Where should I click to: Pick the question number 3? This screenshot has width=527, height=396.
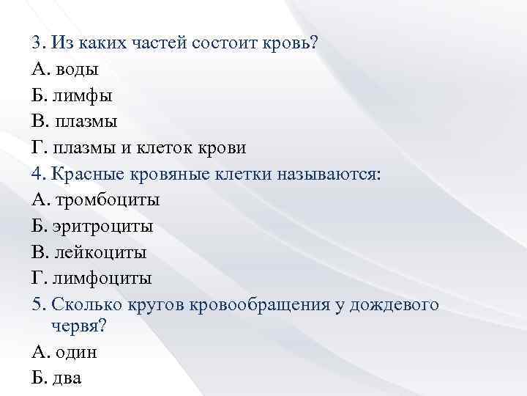pos(37,43)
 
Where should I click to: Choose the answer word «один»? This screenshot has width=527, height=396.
pos(76,351)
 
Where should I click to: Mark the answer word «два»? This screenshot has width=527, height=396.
pos(68,378)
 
